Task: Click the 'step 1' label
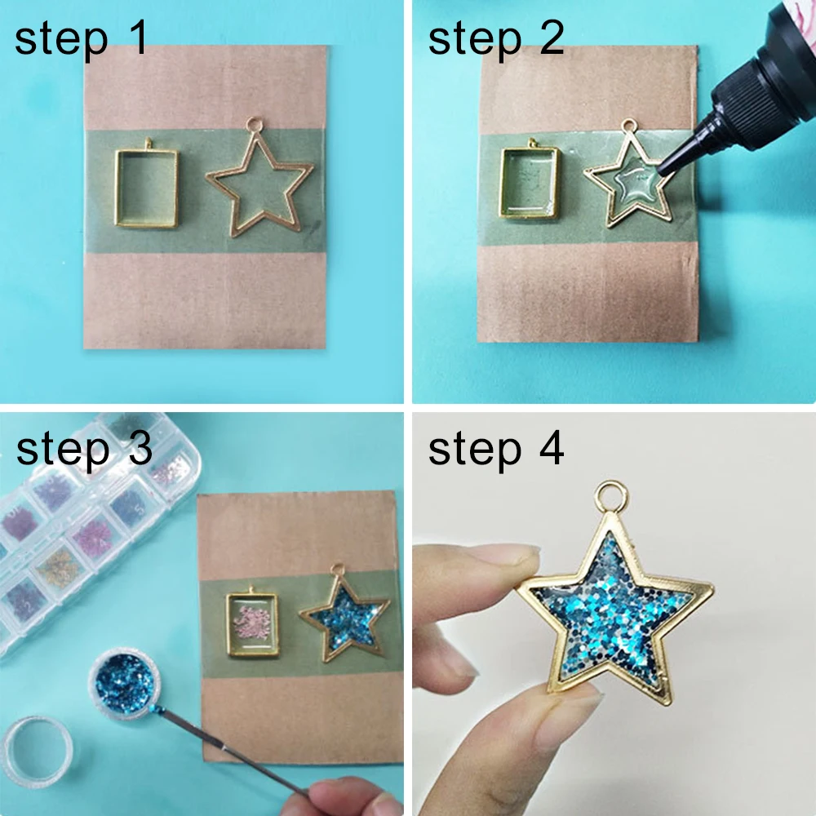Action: (82, 39)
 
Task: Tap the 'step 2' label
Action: (496, 39)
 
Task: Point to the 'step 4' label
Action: (496, 449)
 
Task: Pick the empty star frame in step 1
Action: (259, 184)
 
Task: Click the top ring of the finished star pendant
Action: (608, 495)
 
